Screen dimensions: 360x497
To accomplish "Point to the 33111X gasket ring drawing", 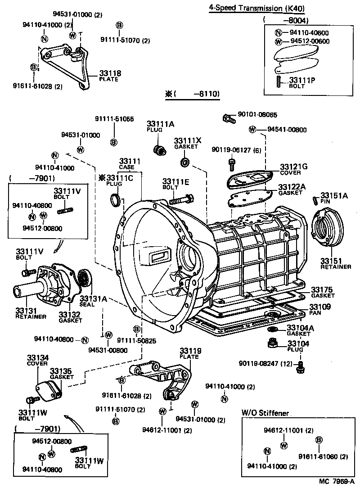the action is [184, 162].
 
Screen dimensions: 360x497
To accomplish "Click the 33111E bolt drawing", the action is [182, 199].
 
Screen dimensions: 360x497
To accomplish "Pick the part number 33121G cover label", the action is [293, 167].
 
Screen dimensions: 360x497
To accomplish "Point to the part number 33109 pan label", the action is [320, 307].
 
